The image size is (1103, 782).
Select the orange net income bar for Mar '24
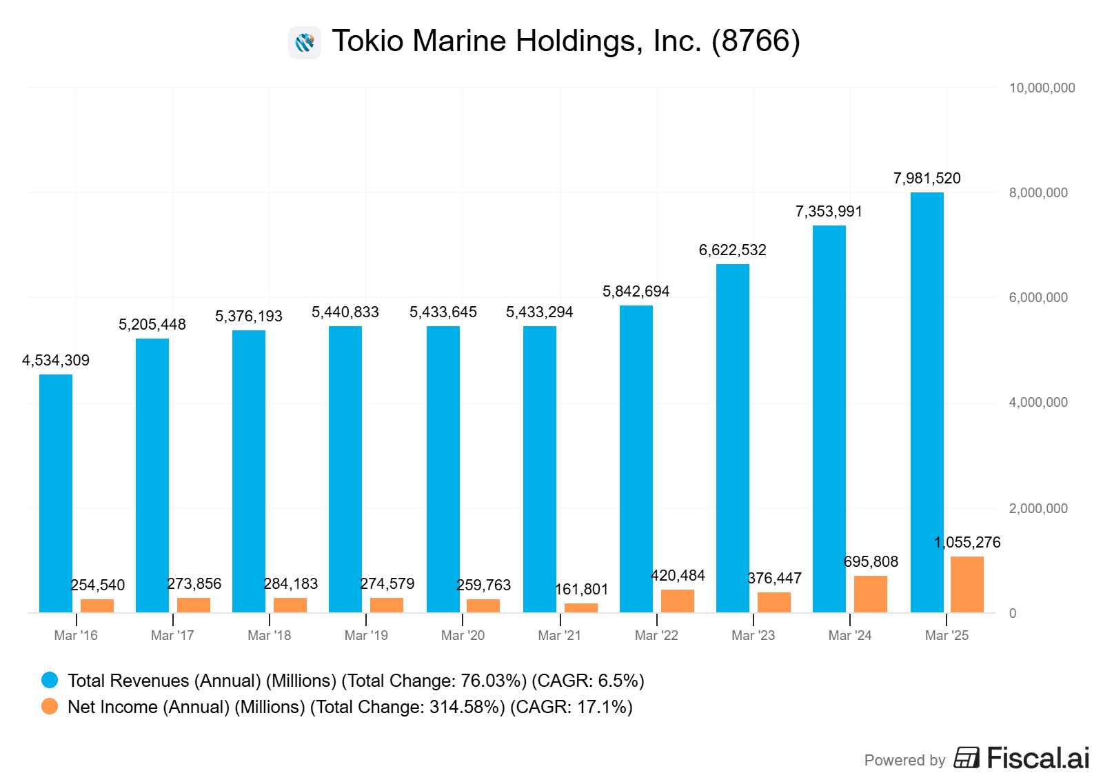tap(870, 594)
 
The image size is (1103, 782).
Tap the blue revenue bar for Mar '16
tap(56, 493)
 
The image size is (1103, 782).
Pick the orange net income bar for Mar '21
tap(580, 608)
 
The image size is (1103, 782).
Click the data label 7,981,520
tap(927, 179)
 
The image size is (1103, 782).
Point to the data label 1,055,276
tap(967, 543)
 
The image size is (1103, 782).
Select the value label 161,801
tap(581, 590)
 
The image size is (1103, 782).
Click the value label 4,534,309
tap(56, 361)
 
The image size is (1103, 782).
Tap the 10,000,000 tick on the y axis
tap(1042, 88)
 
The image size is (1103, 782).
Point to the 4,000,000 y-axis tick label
tap(1038, 403)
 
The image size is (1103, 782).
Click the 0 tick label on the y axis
tap(1012, 613)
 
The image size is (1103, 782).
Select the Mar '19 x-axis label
tap(366, 636)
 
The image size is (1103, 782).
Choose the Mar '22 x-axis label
tap(656, 636)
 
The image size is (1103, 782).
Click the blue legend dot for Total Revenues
tap(50, 681)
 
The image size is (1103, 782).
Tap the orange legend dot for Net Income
tap(50, 707)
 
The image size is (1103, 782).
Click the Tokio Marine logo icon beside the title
tap(305, 43)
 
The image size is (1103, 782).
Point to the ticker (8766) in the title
tap(756, 41)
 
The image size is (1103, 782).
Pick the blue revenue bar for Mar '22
tap(636, 459)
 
